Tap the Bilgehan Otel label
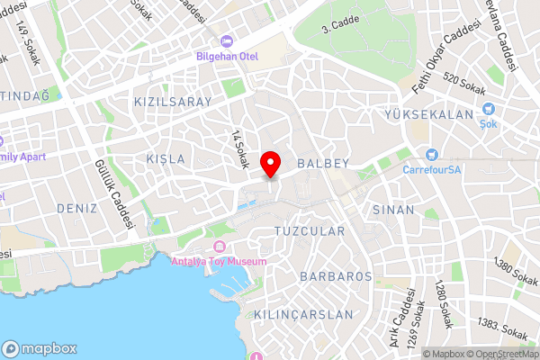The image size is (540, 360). [227, 57]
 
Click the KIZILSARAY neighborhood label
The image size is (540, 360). [172, 102]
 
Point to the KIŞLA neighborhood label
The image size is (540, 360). [165, 158]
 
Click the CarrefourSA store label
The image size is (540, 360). [432, 169]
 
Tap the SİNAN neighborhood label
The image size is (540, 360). [392, 209]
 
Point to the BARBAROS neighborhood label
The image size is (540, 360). [337, 275]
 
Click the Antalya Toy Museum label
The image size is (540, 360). [219, 261]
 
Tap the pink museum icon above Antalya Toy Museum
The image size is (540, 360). [219, 247]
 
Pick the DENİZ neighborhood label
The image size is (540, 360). [76, 207]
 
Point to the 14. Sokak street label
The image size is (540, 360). [239, 148]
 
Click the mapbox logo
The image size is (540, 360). [40, 348]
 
